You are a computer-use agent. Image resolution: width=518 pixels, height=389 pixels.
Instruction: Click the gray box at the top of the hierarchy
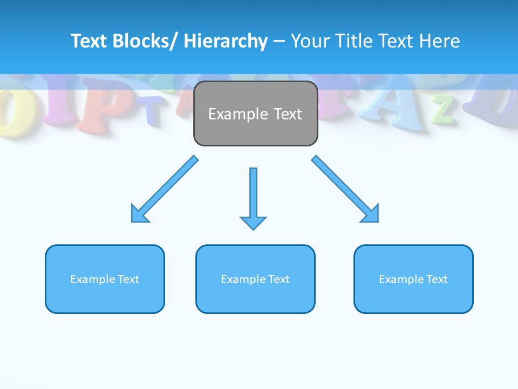[x=255, y=113]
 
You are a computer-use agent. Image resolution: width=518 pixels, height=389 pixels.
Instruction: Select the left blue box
[x=105, y=279]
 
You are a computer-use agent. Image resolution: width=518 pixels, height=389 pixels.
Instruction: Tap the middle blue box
[x=255, y=279]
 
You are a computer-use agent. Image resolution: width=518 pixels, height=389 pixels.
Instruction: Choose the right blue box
[x=413, y=279]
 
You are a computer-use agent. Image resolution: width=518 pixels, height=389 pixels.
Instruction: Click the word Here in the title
[x=439, y=41]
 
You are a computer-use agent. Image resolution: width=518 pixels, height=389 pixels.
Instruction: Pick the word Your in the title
[x=309, y=41]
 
